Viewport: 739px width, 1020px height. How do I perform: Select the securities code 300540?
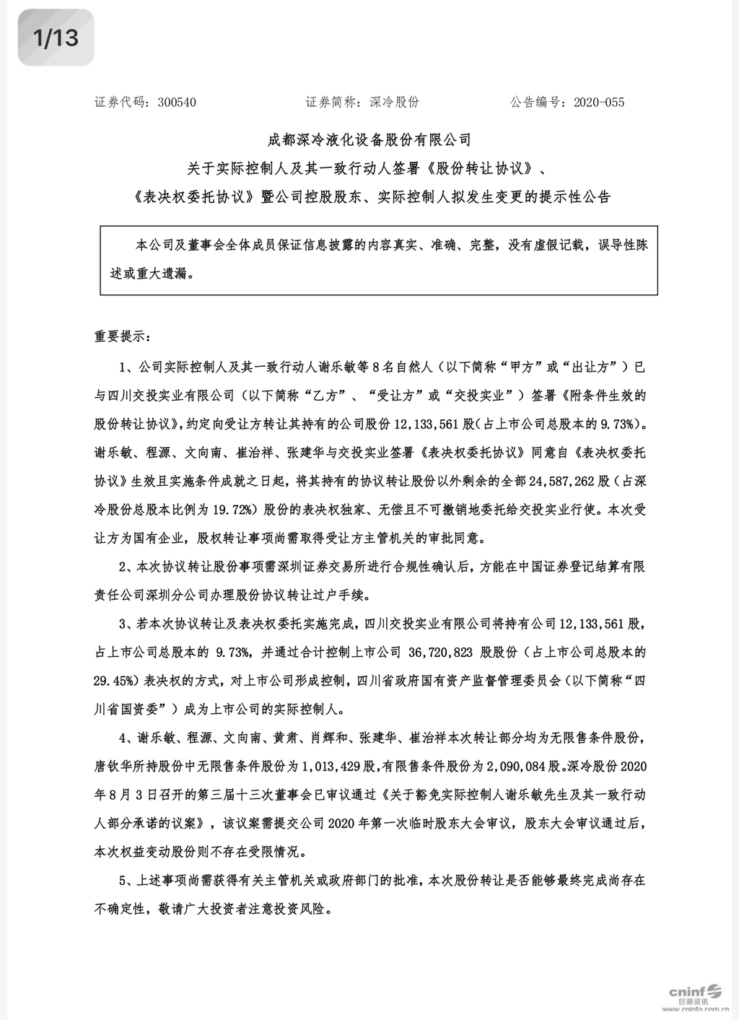point(176,103)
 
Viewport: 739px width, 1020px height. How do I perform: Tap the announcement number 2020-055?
point(599,103)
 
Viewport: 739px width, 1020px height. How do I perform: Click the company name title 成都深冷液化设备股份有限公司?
point(369,139)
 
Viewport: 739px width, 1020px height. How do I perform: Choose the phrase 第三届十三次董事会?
point(248,795)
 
